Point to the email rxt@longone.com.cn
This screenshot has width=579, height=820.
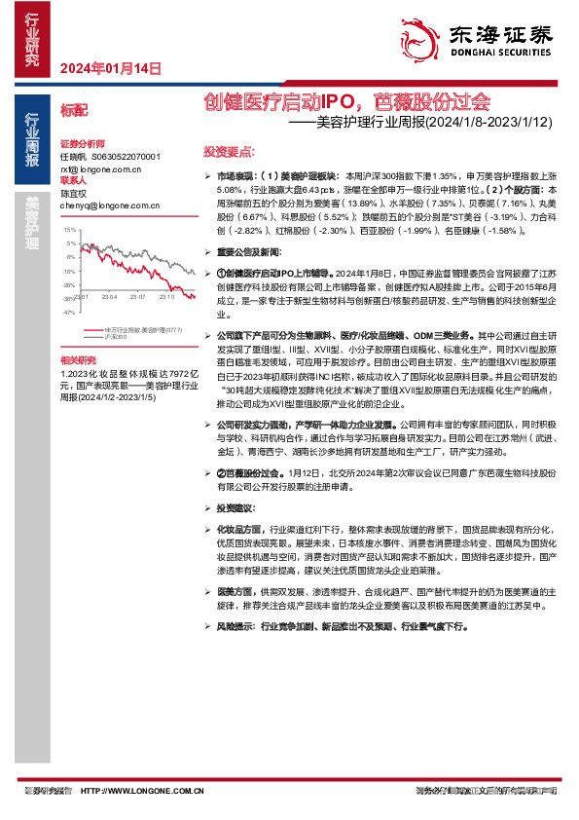(101, 168)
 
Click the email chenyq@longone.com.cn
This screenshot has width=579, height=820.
(101, 205)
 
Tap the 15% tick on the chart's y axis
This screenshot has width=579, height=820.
(69, 230)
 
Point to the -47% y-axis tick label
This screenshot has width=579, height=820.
(68, 314)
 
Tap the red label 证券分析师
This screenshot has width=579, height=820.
(83, 143)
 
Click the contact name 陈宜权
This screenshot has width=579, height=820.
(74, 193)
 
